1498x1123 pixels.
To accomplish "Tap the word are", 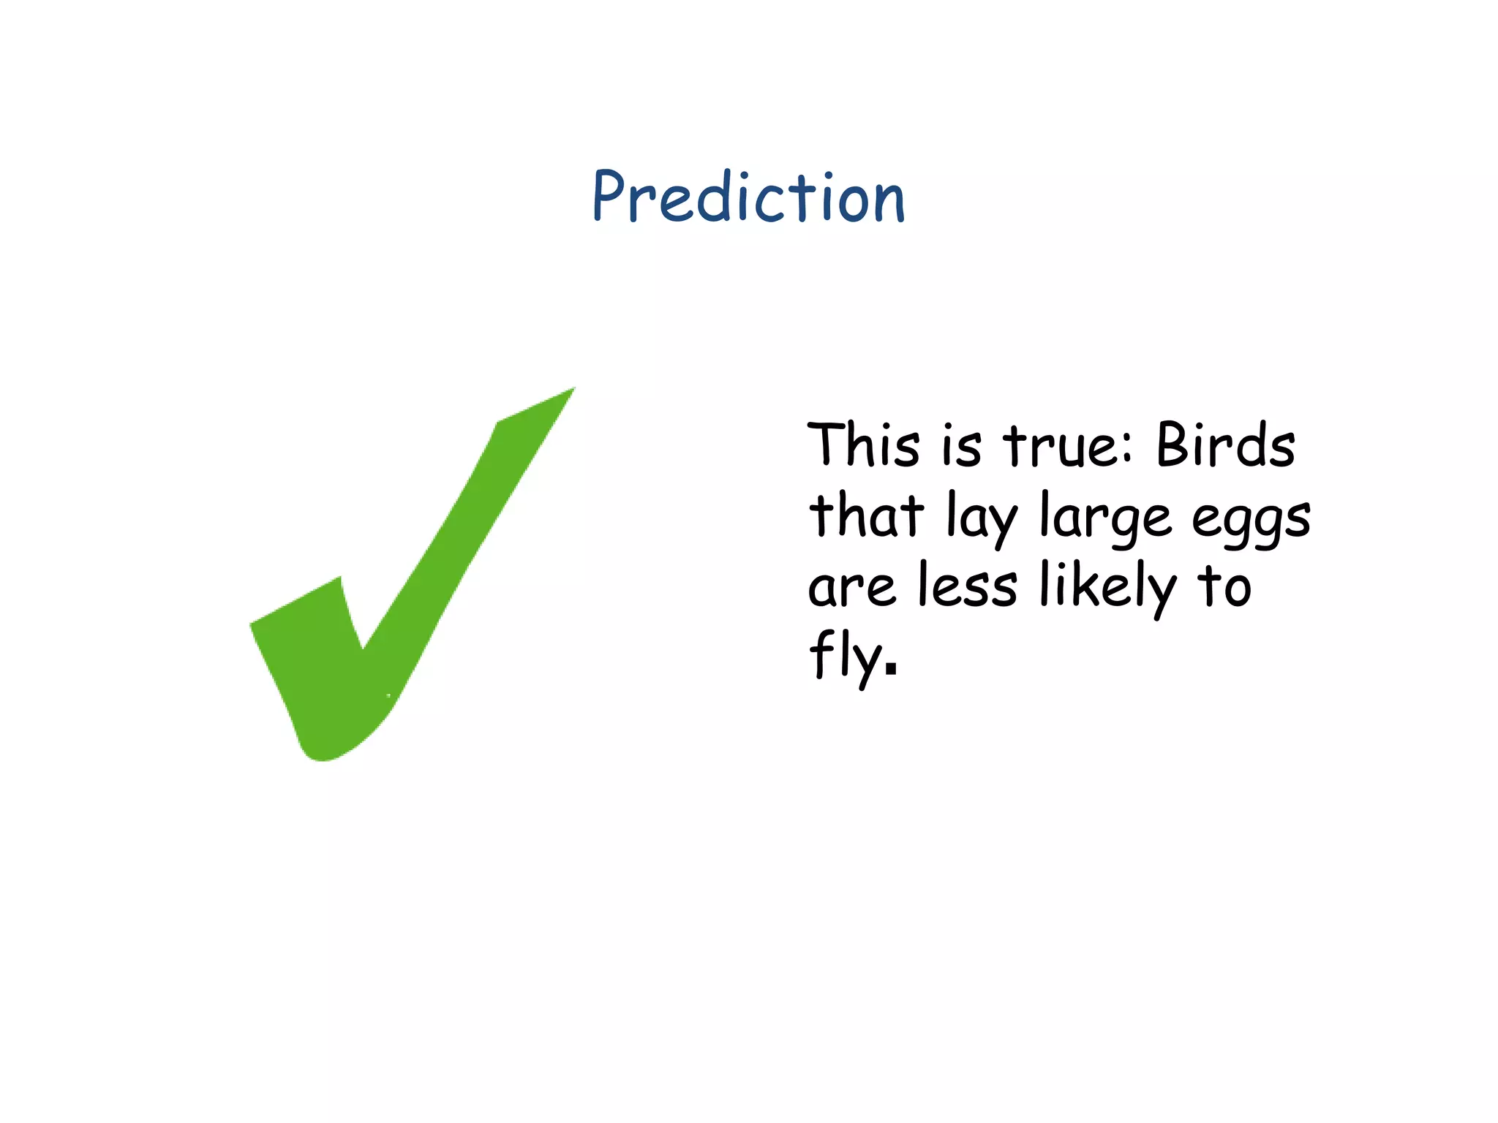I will click(x=851, y=587).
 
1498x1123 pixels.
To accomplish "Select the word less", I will click(x=967, y=584).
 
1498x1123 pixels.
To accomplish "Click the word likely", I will click(x=1107, y=586).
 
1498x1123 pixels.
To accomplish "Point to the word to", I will click(x=1224, y=585).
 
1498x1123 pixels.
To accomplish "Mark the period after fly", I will click(x=890, y=668).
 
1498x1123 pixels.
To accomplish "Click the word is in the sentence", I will click(x=961, y=445).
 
